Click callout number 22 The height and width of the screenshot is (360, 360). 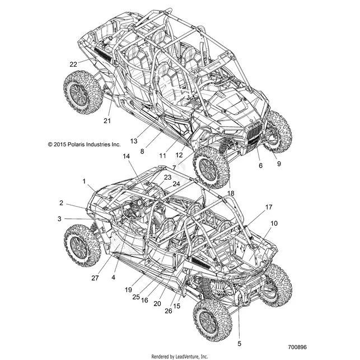[x=73, y=64]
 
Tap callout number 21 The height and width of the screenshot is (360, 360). [x=107, y=120]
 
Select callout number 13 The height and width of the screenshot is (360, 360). [x=134, y=141]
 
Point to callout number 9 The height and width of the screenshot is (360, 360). [x=279, y=163]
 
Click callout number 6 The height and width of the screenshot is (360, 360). [x=260, y=165]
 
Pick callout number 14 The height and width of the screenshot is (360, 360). [x=127, y=156]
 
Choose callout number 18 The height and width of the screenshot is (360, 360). [x=231, y=193]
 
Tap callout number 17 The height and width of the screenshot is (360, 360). [x=269, y=207]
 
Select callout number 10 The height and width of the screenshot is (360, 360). [x=274, y=223]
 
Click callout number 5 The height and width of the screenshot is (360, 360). [x=240, y=344]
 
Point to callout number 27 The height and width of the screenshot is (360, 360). [x=95, y=278]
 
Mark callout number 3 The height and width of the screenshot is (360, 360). [x=59, y=219]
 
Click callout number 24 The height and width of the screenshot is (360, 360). [x=176, y=184]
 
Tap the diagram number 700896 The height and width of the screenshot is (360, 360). [x=297, y=347]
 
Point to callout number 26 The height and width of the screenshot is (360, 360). [x=169, y=311]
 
